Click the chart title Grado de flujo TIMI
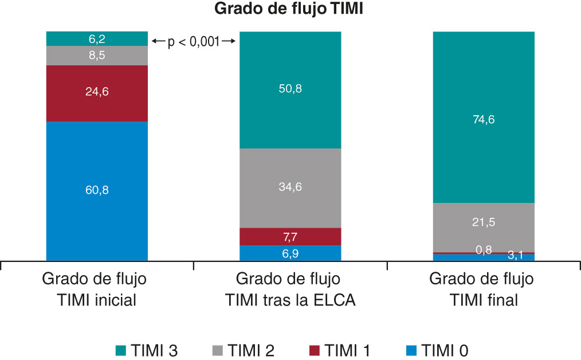pos(290,10)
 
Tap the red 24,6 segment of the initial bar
pos(97,93)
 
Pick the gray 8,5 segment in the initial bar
pos(97,56)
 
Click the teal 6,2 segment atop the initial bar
pos(97,39)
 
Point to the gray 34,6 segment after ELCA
pos(290,188)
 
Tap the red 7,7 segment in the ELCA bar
pos(290,236)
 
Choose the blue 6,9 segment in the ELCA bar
pos(290,253)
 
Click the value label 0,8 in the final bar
pos(483,249)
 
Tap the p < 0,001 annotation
pos(194,41)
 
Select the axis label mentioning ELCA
pos(290,289)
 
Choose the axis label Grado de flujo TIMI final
pos(483,289)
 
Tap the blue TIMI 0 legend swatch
pos(410,349)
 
